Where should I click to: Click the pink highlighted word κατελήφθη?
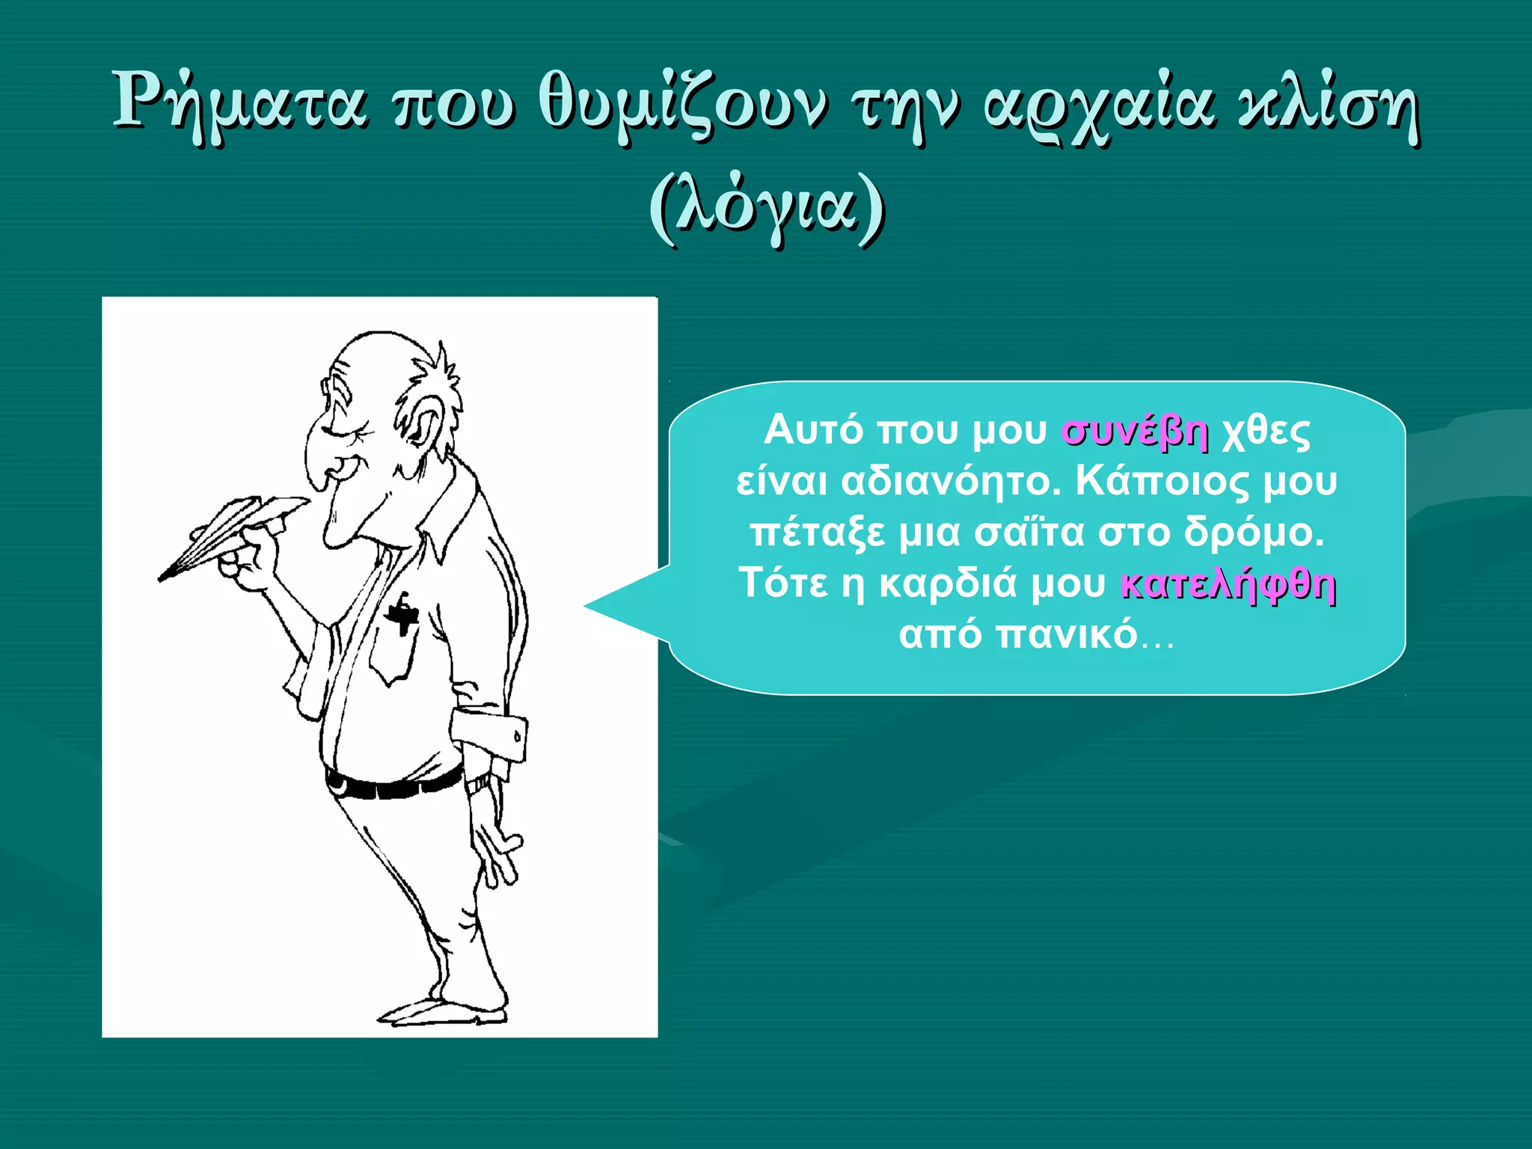coord(1228,584)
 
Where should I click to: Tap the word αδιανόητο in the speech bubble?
coord(951,482)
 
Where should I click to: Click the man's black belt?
coord(393,786)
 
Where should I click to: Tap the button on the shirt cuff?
coord(517,737)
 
